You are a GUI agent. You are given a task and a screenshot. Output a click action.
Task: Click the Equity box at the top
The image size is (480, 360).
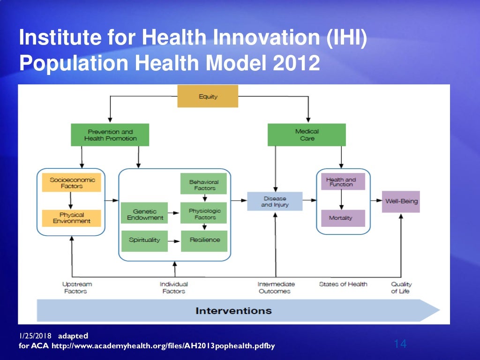[208, 96]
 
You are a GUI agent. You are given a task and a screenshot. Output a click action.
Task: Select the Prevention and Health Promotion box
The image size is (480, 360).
[110, 135]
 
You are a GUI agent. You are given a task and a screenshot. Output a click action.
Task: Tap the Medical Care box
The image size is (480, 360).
[307, 135]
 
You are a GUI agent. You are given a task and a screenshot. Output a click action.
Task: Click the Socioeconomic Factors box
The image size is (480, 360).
[71, 183]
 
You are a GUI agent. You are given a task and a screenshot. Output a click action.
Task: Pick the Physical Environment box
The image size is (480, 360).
[71, 218]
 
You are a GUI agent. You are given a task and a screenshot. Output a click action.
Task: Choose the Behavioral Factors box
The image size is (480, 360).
[203, 184]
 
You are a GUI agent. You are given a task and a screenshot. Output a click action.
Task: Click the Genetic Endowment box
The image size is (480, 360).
[145, 214]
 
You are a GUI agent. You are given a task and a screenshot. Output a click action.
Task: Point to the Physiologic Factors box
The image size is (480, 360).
[203, 214]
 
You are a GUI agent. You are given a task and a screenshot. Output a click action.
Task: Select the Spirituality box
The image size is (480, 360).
[144, 240]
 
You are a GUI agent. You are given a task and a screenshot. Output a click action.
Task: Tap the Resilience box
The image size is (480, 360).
[204, 240]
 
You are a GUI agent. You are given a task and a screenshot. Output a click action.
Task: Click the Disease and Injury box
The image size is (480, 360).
[275, 202]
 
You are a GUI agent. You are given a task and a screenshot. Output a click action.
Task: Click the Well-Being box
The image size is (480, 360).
[401, 202]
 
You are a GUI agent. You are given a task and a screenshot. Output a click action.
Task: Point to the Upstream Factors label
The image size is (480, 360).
[76, 287]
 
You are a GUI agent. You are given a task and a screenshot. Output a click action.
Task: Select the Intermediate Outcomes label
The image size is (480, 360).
[276, 287]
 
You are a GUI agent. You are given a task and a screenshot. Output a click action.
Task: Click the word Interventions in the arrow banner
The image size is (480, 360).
[233, 310]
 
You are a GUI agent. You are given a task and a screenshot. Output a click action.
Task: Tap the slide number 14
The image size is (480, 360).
[400, 345]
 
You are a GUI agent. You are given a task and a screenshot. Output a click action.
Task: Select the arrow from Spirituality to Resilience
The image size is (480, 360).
[174, 240]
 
